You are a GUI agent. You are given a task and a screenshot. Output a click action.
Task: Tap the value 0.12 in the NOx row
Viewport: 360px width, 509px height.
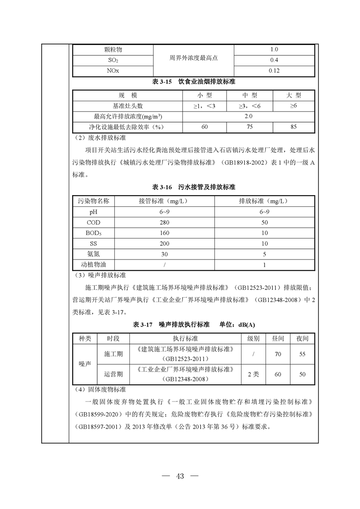(274, 71)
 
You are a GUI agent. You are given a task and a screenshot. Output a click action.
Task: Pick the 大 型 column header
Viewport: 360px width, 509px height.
(293, 95)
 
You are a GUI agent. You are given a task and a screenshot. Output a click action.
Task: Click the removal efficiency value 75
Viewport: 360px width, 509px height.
(249, 127)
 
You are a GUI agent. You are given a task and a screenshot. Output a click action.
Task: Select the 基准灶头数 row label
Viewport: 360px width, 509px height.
(128, 106)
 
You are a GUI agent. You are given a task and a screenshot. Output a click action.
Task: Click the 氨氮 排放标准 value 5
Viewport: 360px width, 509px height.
(264, 254)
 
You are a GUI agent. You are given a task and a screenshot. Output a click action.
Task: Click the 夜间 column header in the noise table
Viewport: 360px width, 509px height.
(302, 339)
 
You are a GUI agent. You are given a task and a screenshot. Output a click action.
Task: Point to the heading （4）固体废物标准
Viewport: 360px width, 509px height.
(100, 389)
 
